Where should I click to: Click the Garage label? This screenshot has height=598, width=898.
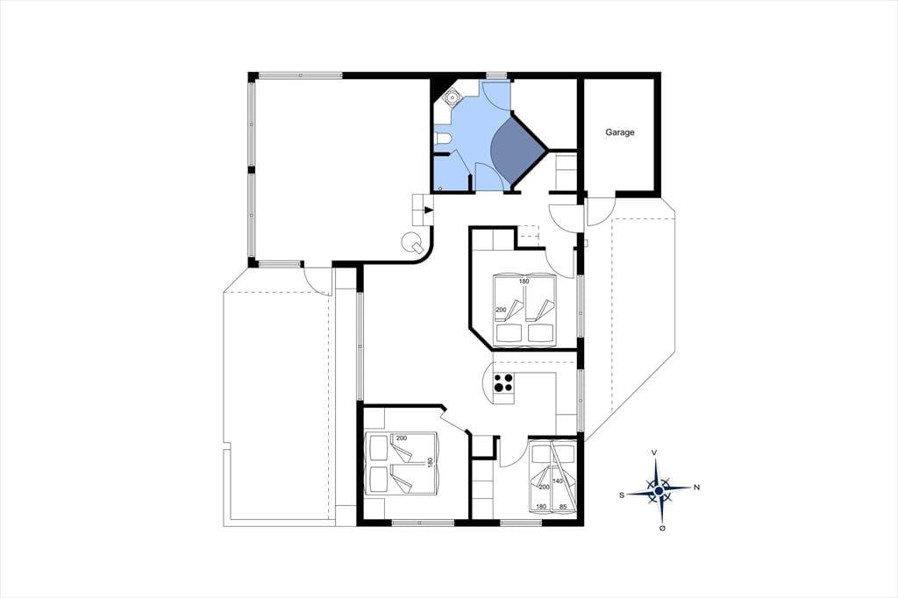620,132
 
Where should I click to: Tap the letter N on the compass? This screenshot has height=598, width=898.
696,488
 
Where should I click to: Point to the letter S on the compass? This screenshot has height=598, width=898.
622,495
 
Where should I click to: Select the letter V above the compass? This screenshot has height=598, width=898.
654,452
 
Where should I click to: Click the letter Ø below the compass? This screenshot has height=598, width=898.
663,528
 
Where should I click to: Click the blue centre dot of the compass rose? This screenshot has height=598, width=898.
659,491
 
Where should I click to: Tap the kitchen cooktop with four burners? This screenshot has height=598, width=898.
504,382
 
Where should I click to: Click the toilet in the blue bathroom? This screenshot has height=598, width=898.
443,139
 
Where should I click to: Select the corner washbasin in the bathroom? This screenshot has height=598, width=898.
452,98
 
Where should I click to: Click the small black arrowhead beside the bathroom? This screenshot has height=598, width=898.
428,210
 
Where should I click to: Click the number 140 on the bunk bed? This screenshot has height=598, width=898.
557,481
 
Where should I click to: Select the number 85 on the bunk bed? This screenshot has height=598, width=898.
562,506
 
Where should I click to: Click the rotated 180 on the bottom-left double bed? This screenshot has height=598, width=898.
430,463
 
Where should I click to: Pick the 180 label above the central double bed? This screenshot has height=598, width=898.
524,281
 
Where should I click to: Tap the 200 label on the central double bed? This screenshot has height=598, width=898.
501,310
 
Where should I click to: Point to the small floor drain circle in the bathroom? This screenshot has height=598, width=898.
440,188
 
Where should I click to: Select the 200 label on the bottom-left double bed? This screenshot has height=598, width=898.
401,438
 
